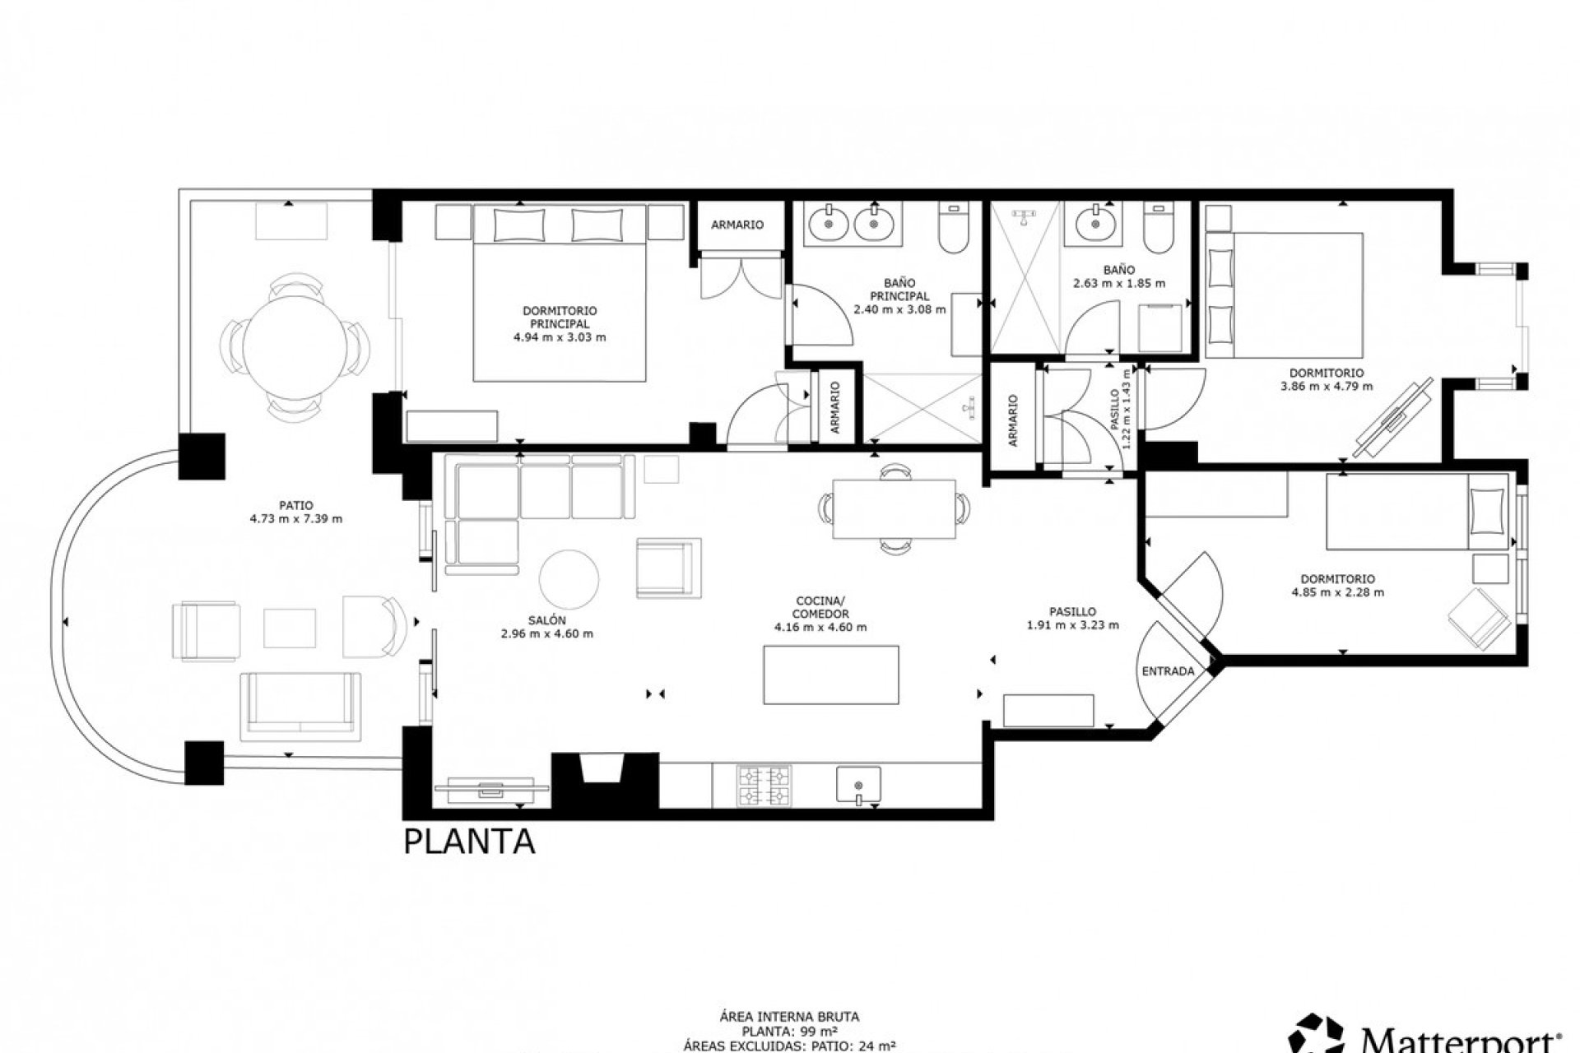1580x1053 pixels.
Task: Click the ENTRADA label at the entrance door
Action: coord(1168,671)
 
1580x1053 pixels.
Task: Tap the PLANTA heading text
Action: coord(469,842)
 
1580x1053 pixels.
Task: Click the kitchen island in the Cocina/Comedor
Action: coord(830,675)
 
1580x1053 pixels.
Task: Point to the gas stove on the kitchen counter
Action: coord(764,785)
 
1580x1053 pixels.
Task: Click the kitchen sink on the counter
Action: coord(858,784)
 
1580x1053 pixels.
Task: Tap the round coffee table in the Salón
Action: coord(569,578)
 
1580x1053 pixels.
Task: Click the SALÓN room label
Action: coord(546,620)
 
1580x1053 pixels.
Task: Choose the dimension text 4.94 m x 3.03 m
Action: coord(559,337)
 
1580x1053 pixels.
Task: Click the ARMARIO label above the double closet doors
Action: coord(737,225)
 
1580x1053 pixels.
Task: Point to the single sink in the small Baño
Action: coord(1094,223)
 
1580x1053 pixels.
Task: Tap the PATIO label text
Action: coord(295,506)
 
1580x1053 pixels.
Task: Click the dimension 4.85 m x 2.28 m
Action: coord(1337,591)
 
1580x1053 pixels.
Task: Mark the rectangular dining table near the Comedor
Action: coord(895,509)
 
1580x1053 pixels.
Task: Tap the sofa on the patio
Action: coord(300,704)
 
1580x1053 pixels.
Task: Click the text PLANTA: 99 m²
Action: coord(789,1030)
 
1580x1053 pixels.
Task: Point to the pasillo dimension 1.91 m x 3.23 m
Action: coord(1072,624)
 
